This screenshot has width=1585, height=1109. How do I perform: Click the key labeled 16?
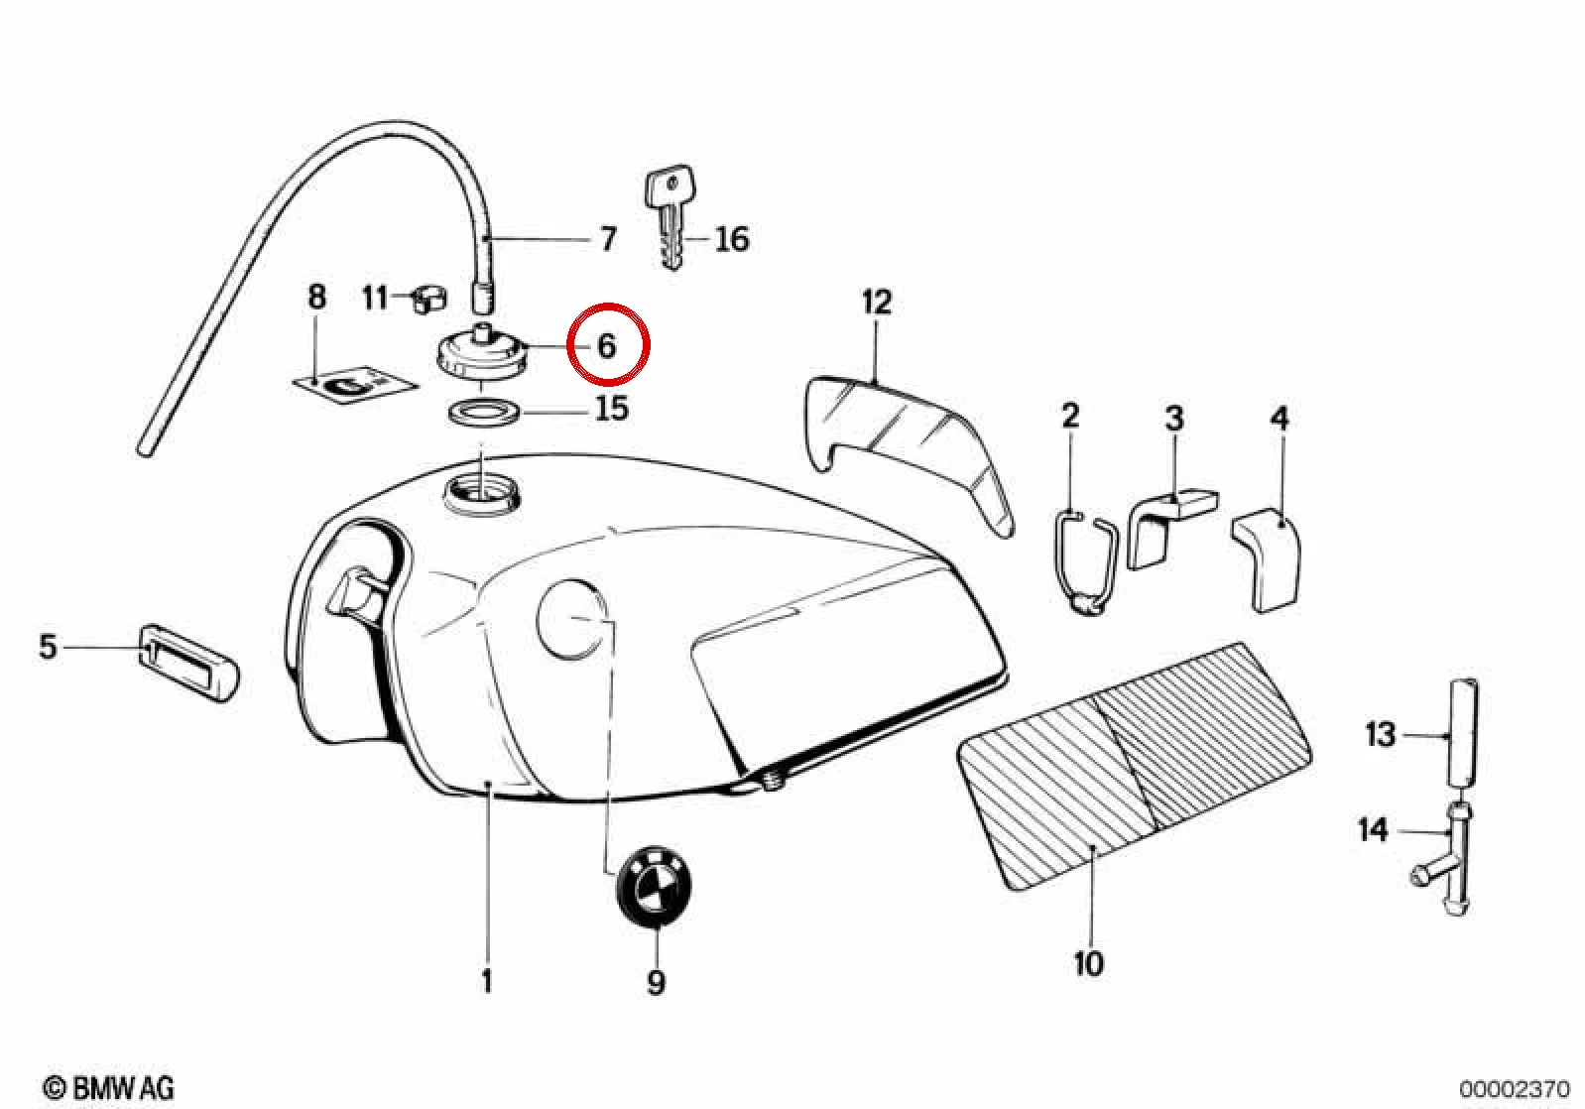point(670,216)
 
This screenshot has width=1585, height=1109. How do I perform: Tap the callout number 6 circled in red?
point(606,346)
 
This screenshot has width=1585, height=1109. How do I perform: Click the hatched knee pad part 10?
point(1133,765)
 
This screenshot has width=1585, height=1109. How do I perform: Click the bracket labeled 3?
point(1171,528)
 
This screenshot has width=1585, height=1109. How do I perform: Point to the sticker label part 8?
point(355,387)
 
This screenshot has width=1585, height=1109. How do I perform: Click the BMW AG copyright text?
point(108,1087)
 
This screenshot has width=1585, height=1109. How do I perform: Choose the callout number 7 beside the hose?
point(609,239)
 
